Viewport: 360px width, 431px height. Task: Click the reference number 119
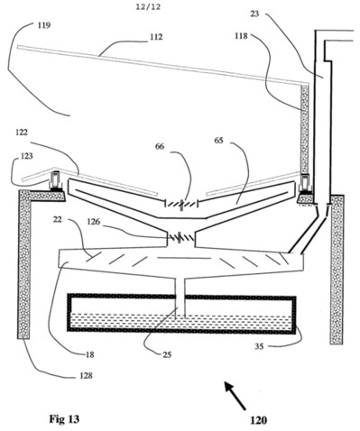coord(44,25)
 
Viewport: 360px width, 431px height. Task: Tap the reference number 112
coord(157,37)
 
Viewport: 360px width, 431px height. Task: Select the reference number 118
coord(242,36)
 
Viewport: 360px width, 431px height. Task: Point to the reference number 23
coord(254,14)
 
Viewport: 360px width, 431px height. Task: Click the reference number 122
coord(21,133)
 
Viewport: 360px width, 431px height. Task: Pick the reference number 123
coord(27,156)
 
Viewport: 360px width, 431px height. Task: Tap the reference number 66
coord(160,146)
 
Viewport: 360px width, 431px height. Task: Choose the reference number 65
coord(219,141)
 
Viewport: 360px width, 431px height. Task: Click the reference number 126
coord(94,222)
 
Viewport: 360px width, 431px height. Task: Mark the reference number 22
coord(57,220)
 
